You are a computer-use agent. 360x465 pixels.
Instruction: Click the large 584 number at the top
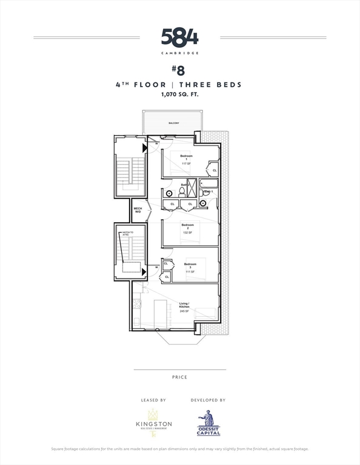(x=179, y=38)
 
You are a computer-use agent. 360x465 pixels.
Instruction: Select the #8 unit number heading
(x=179, y=70)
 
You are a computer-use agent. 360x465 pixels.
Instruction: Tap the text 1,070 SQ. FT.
(x=179, y=95)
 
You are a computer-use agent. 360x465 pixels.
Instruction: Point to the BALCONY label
(x=174, y=123)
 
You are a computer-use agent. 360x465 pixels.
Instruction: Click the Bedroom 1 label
(x=187, y=157)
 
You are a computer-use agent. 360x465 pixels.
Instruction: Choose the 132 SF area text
(x=187, y=232)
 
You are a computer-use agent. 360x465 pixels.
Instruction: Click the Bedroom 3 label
(x=190, y=264)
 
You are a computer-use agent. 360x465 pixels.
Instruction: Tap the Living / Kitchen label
(x=184, y=305)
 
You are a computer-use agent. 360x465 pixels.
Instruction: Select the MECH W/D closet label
(x=138, y=210)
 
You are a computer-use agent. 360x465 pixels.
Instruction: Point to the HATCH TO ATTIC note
(x=127, y=234)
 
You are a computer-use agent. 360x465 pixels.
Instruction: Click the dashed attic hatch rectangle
(x=131, y=267)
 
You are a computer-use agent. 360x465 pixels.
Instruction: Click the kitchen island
(x=161, y=314)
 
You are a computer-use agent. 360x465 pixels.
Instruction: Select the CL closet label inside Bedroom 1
(x=215, y=171)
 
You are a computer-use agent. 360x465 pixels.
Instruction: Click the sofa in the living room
(x=206, y=313)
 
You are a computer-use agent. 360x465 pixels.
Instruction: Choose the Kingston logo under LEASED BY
(x=153, y=422)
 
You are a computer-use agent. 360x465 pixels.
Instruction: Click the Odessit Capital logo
(x=208, y=422)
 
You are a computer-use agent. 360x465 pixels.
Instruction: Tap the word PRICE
(x=179, y=377)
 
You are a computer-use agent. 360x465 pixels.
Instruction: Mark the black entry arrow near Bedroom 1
(x=145, y=148)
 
